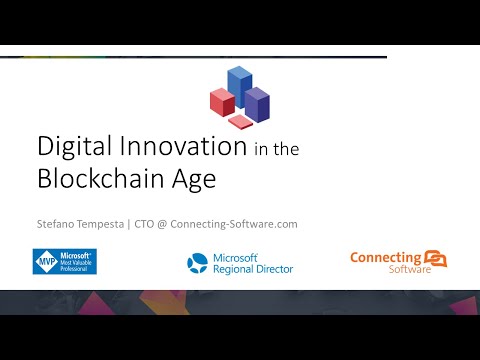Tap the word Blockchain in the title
104,180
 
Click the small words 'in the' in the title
279,150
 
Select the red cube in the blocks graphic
221,101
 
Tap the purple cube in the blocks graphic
257,104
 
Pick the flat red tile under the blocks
240,121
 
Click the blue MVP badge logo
64,262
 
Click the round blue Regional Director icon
197,263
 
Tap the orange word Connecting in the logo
385,258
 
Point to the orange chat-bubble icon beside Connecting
435,259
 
